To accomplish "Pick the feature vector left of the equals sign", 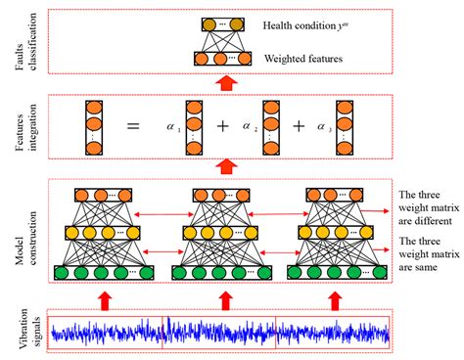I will (x=94, y=126).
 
